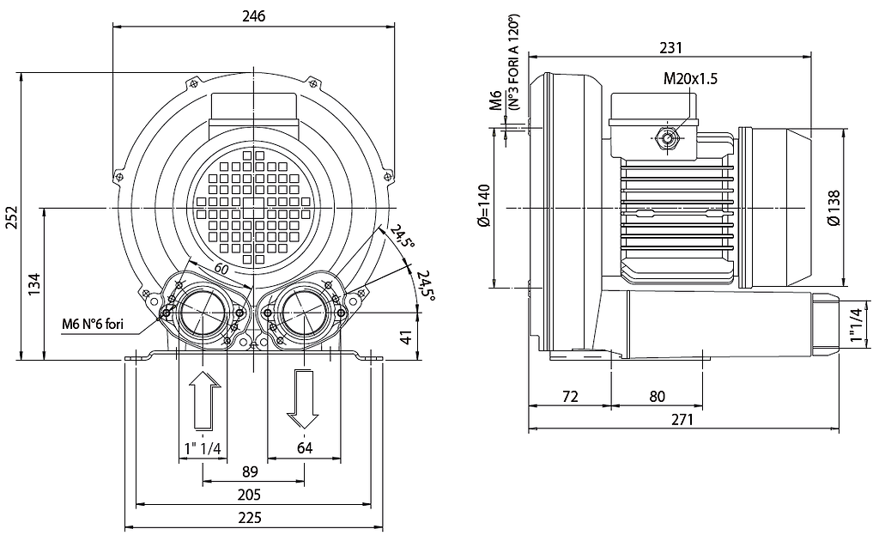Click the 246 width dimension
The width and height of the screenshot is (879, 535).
click(x=253, y=15)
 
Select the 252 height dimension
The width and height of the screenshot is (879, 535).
click(x=12, y=217)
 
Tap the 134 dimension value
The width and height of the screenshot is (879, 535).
click(x=33, y=284)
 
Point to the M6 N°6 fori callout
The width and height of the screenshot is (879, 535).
click(x=93, y=324)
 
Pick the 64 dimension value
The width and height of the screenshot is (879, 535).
click(x=305, y=448)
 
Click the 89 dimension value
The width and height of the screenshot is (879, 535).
click(x=250, y=471)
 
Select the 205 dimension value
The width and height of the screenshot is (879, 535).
click(x=250, y=495)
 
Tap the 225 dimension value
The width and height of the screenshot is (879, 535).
click(x=250, y=518)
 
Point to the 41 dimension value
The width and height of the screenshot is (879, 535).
click(x=406, y=337)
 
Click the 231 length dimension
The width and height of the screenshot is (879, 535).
click(x=670, y=48)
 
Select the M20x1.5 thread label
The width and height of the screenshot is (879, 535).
click(x=690, y=78)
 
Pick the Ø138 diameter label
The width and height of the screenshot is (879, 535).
click(x=834, y=208)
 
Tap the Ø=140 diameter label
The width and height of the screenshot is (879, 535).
click(x=484, y=205)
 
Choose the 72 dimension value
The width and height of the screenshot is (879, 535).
click(x=570, y=397)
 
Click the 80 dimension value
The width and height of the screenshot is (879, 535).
click(x=657, y=397)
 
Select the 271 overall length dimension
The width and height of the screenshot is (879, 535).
click(x=682, y=419)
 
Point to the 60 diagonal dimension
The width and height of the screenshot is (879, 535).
click(x=221, y=269)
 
